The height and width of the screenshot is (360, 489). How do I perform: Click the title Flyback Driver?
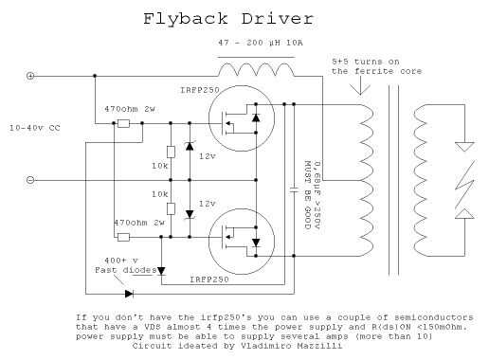tap(228, 19)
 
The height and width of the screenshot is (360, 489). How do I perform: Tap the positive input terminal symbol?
tap(30, 76)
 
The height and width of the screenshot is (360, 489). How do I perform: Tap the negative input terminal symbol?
tap(30, 180)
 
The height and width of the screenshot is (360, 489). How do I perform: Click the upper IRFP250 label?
tap(200, 90)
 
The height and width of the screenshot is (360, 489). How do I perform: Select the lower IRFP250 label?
tap(209, 279)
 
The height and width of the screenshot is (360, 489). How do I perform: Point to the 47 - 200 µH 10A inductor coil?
tap(257, 69)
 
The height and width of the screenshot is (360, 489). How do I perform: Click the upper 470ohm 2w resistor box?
tap(123, 123)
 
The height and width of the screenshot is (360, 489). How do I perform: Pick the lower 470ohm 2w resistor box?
tap(123, 237)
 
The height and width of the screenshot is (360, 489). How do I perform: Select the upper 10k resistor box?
tap(171, 152)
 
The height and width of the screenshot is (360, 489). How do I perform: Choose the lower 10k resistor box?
tap(171, 208)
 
